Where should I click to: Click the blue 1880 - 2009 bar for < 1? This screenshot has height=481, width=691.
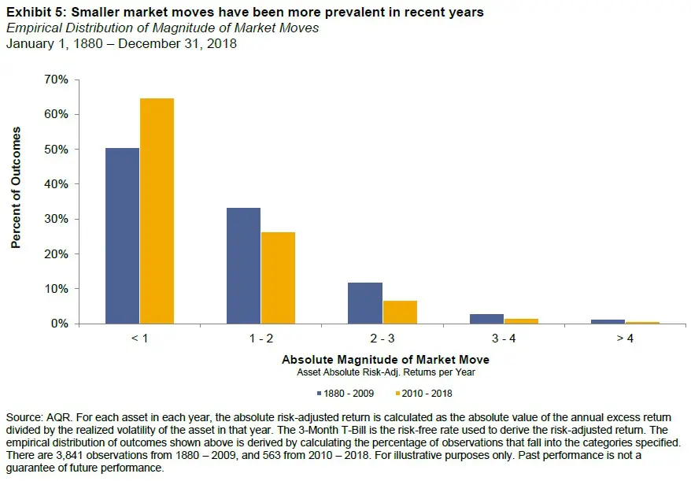(122, 235)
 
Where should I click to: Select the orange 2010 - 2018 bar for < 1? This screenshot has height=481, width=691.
(157, 211)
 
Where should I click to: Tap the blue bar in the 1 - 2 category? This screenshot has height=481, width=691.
(243, 265)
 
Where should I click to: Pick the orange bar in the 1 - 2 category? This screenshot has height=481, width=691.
(278, 278)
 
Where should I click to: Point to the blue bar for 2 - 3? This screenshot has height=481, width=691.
(364, 303)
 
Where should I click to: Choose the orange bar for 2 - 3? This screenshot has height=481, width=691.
(399, 312)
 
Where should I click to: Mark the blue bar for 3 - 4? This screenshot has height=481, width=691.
(486, 319)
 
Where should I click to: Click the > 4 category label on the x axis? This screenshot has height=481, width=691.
(624, 339)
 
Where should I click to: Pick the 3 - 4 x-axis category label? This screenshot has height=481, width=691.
(503, 339)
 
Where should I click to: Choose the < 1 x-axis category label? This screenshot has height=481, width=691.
(139, 339)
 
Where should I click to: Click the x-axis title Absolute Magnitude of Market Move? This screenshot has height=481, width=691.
(385, 359)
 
